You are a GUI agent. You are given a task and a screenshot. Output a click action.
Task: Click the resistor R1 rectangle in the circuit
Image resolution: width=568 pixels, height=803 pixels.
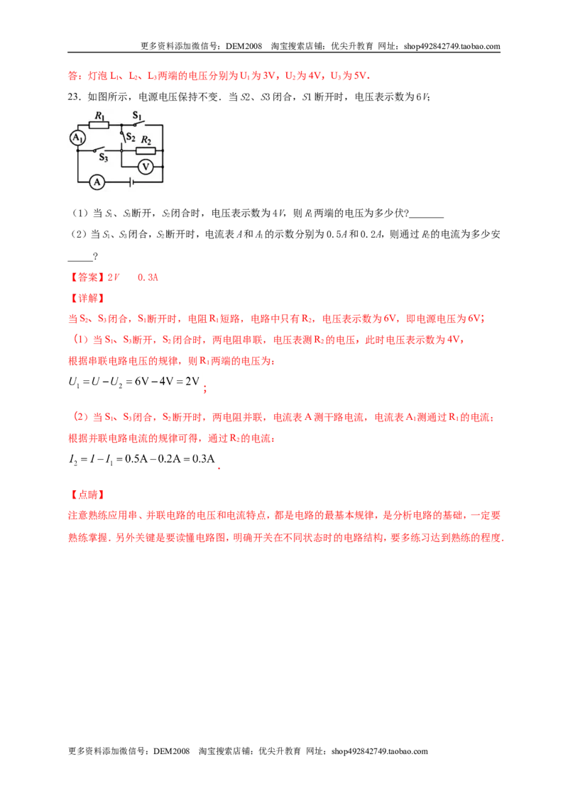99,125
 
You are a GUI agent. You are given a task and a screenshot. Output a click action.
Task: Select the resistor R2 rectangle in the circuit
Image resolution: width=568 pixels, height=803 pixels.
146,150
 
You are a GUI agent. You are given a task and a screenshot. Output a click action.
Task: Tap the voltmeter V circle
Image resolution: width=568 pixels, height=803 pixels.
146,167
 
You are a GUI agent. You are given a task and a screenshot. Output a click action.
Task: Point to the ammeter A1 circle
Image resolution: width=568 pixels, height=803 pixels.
77,137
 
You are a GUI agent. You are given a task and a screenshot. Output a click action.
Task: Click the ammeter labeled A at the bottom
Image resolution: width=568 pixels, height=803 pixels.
97,182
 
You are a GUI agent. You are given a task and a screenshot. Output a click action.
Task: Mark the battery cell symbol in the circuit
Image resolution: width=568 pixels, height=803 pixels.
132,182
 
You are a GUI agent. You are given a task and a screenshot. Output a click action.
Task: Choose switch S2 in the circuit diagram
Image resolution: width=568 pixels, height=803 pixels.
123,137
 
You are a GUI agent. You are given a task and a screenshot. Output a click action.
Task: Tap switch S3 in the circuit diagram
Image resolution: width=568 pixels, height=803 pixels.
99,150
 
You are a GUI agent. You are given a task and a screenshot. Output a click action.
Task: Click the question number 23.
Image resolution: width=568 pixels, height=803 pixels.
75,97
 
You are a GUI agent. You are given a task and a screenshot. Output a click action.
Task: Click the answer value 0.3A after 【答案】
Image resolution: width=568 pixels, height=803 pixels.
148,277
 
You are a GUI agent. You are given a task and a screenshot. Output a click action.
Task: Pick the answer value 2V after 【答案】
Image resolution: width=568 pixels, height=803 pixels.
114,277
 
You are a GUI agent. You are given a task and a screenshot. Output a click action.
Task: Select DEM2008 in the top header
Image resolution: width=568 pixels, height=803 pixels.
244,46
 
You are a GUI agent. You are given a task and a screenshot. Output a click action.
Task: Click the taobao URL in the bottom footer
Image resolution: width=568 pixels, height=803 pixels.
379,751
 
